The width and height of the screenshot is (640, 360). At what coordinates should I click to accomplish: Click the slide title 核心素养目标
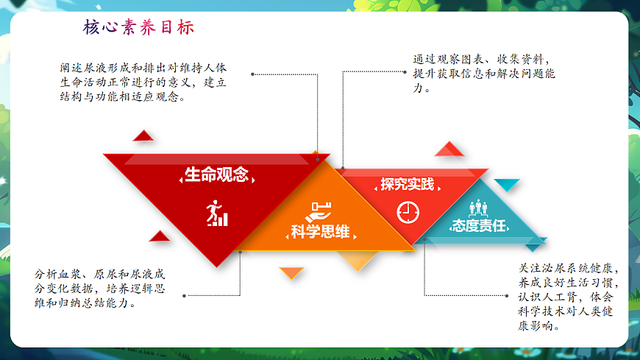pos(139,29)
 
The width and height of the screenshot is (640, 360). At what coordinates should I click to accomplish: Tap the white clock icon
pos(407,212)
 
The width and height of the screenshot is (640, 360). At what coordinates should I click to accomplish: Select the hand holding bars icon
pos(321,210)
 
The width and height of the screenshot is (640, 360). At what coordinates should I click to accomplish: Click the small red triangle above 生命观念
pos(143,135)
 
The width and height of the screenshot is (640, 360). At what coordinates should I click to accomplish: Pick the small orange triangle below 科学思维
pos(292,272)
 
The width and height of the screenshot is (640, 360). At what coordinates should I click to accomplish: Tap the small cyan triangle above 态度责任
pos(506,184)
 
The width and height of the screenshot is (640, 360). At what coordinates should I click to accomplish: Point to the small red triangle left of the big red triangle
pos(160,236)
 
